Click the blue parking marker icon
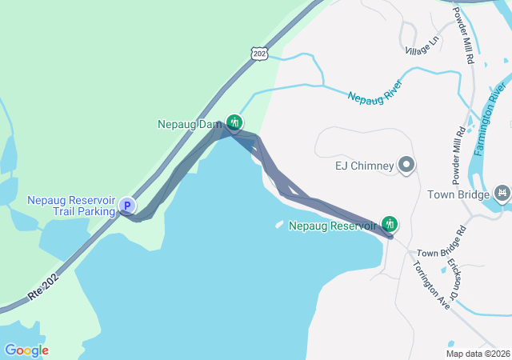coord(126,206)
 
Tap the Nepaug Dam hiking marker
coord(234,122)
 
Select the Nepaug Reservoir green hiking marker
coord(390,224)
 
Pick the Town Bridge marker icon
coord(502,193)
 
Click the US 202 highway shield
coord(258,53)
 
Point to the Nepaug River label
coord(374,90)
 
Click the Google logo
coord(26,350)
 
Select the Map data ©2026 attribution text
coord(478,353)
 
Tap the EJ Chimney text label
coord(364,166)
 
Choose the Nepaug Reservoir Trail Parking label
coord(70,206)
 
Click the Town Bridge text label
coord(457,194)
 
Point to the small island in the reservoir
coord(279,225)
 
